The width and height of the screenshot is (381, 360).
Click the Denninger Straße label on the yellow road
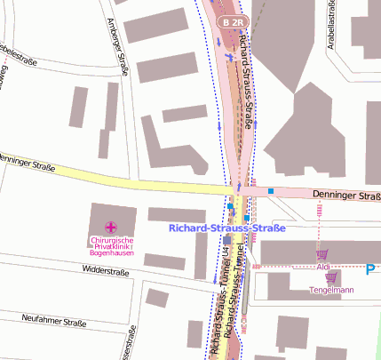tap(27, 164)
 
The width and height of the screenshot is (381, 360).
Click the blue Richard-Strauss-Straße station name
tap(227, 228)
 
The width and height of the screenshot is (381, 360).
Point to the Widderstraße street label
tap(106, 268)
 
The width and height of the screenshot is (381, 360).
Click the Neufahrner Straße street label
tap(53, 323)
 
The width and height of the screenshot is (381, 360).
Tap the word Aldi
tap(323, 267)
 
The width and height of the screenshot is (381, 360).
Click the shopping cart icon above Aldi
tap(321, 254)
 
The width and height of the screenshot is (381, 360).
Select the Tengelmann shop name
tap(331, 290)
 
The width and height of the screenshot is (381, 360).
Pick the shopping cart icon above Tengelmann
tap(330, 278)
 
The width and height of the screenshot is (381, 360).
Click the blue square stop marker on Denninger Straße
tap(271, 191)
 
